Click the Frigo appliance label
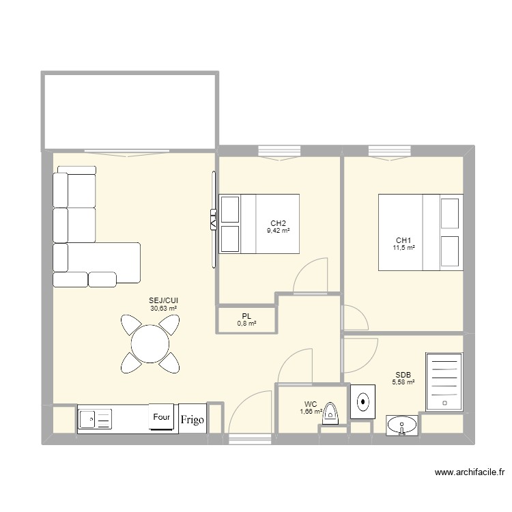tap(192, 420)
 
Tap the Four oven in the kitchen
tap(162, 417)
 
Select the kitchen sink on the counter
tap(95, 418)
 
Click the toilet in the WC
tap(331, 414)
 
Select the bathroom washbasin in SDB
tap(403, 426)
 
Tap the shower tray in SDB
tap(443, 382)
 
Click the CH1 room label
tap(404, 240)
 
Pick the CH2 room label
tap(278, 223)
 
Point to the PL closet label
tap(246, 315)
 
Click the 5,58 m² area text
tap(403, 383)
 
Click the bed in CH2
tap(259, 223)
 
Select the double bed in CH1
tap(421, 232)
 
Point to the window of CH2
tap(279, 150)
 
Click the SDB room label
tap(402, 374)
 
